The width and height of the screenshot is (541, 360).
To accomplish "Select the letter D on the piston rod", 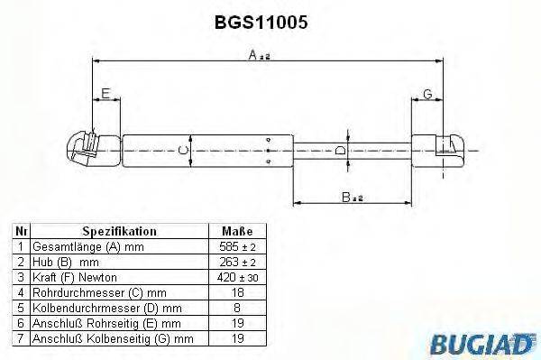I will pos(339,150).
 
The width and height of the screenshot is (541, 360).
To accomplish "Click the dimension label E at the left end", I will pos(105,95).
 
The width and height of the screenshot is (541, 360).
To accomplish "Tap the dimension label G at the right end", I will pos(426,95).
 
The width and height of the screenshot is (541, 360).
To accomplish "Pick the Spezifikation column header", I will pos(119,231).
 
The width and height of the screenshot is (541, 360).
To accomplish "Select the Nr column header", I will pos(19,231).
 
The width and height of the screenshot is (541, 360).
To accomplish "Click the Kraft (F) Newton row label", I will pos(74,276).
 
